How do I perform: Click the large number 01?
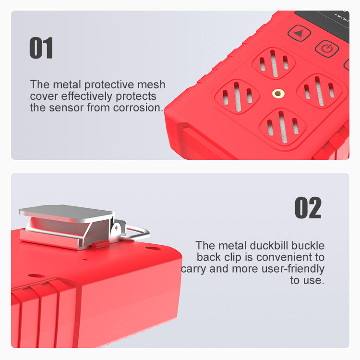[41, 48]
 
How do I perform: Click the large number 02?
[308, 207]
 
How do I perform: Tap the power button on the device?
[327, 48]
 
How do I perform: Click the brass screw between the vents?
[278, 94]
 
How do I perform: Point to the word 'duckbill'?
[269, 245]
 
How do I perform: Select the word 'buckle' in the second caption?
[308, 245]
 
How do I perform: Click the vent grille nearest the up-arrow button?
[274, 63]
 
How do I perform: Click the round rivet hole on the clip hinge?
[117, 228]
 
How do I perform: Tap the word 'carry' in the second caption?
[193, 269]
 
